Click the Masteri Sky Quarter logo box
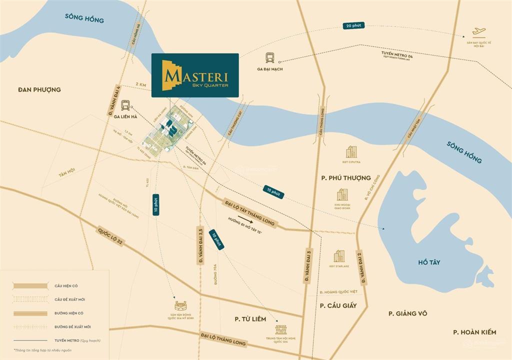(x=195, y=73)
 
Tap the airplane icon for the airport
(x=478, y=31)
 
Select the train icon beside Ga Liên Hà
(x=125, y=104)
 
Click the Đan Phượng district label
(x=39, y=89)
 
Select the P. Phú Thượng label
(x=345, y=177)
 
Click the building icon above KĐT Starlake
(x=339, y=256)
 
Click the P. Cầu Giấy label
(x=338, y=305)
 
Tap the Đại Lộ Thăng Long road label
(x=223, y=339)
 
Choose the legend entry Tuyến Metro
(x=77, y=340)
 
